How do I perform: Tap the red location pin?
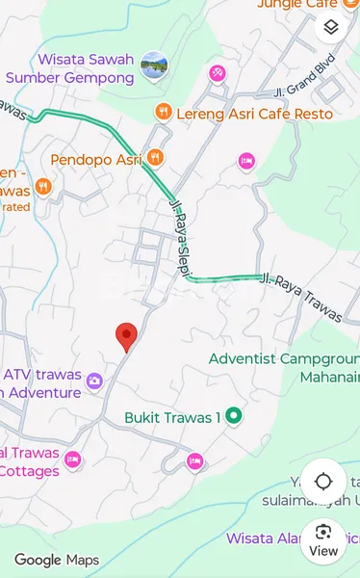126,336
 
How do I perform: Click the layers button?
331,28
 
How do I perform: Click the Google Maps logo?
56,560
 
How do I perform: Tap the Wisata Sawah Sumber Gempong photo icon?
153,66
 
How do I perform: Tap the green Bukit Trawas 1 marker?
233,416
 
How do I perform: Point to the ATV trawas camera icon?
94,381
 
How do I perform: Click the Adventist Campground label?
284,358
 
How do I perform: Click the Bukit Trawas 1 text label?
172,417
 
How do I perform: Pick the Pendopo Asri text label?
95,159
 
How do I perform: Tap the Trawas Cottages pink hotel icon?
72,460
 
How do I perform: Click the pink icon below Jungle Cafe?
218,72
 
